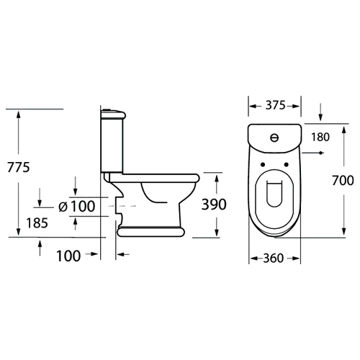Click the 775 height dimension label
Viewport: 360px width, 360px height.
(19, 167)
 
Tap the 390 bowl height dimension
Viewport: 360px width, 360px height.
(214, 204)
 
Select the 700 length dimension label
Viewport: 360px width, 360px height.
(343, 180)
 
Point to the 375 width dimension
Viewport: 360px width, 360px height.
(276, 105)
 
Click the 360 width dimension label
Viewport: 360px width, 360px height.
(274, 258)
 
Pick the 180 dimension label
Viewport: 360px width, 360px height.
(320, 137)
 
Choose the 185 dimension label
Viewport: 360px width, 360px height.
(37, 223)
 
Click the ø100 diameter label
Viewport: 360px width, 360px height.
(77, 206)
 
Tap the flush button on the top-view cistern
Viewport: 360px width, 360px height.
(274, 138)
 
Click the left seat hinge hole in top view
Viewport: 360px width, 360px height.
(262, 164)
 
